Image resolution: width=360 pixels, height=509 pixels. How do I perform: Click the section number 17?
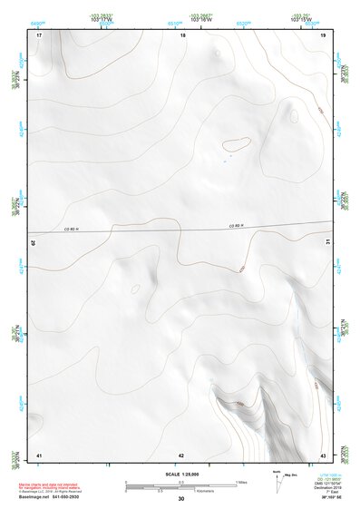coord(39,34)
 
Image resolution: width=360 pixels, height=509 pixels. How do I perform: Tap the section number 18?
coord(182,34)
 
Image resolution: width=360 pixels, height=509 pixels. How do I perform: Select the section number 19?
coord(323,34)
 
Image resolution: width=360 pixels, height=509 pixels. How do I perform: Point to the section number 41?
coord(39,455)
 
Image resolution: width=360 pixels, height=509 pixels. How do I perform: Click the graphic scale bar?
coord(180,484)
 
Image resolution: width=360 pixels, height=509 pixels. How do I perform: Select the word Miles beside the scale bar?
coord(241,481)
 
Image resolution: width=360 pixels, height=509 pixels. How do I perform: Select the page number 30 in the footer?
coord(180,499)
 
